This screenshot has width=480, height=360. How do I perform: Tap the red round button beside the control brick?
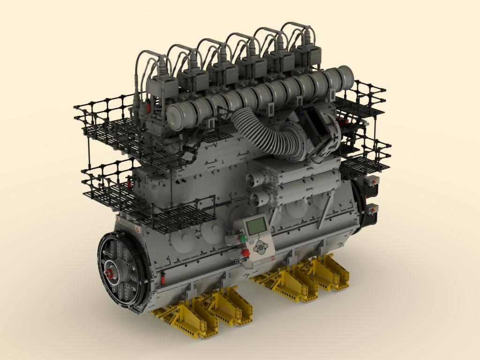245,253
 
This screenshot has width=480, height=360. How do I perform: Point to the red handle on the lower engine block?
163,278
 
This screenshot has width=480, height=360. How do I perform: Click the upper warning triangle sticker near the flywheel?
137,229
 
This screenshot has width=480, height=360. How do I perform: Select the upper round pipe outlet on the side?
253,178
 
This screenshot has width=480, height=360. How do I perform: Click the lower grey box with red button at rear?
373,209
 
